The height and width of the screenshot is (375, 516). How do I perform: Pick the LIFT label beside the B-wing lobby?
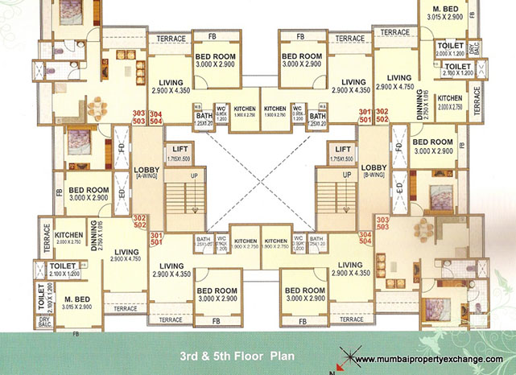344,150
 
